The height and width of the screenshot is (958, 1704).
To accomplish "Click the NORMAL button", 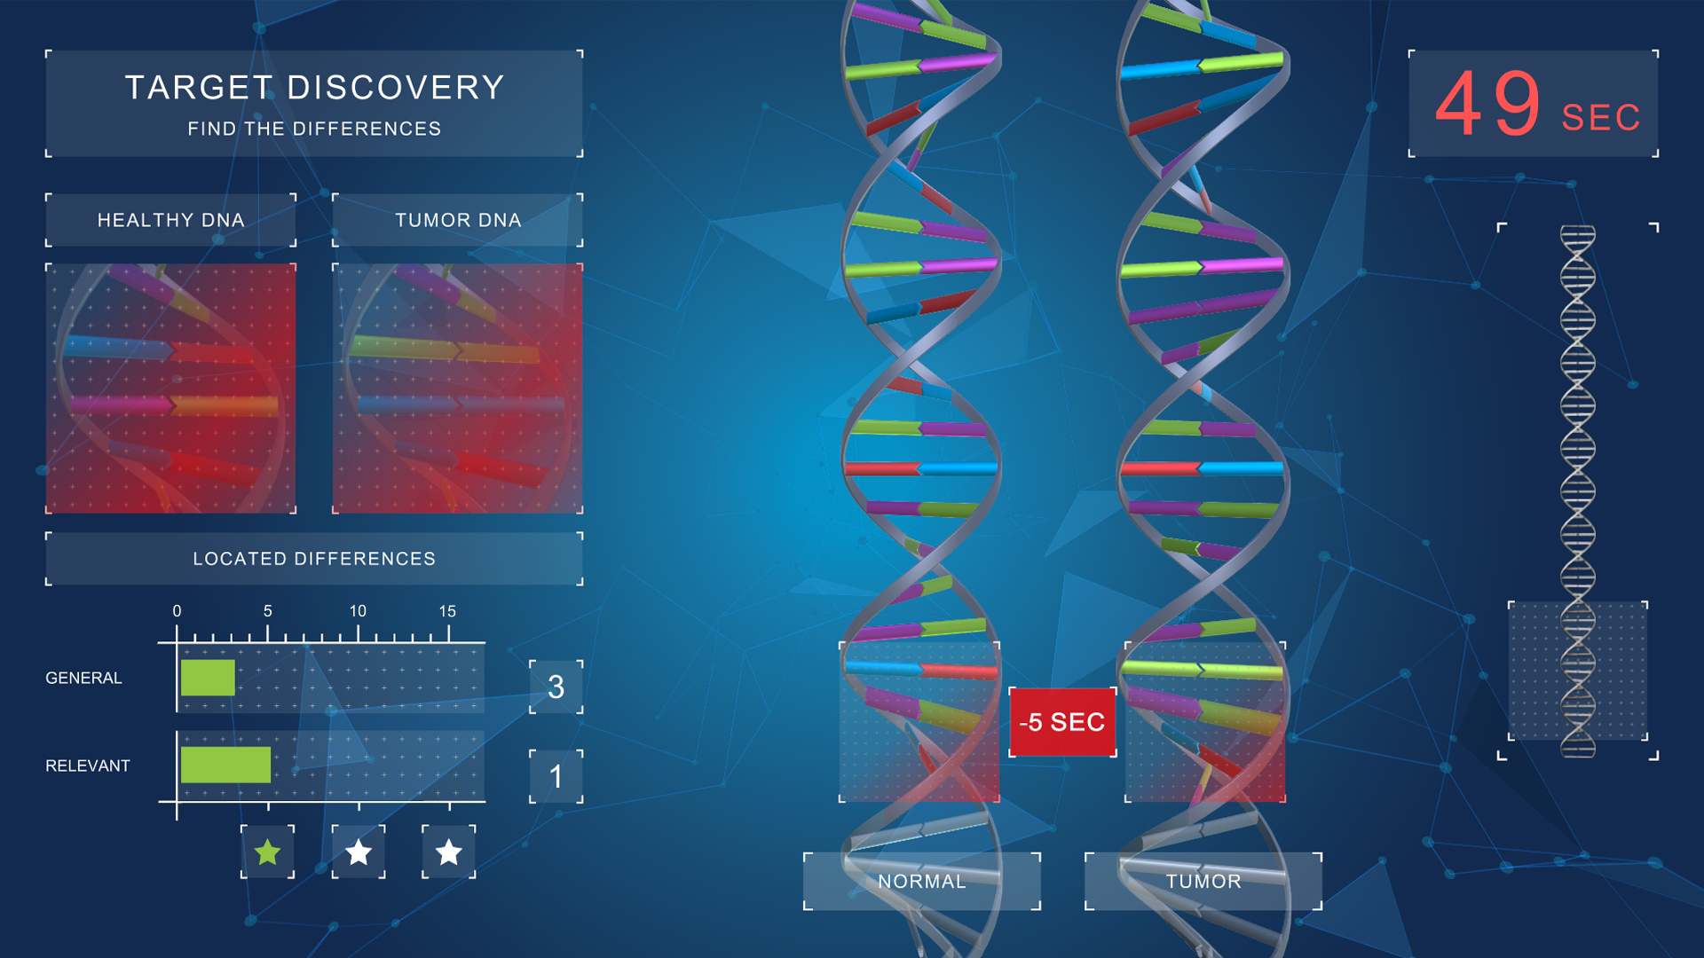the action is (x=922, y=881).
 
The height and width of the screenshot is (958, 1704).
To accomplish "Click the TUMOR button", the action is (x=1203, y=881).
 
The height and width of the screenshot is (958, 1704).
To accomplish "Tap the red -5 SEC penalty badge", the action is (x=1062, y=722).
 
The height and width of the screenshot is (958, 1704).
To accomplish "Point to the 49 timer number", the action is (x=1488, y=105).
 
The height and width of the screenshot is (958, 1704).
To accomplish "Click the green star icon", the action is (x=267, y=852).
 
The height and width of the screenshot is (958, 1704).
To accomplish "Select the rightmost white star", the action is (x=449, y=852).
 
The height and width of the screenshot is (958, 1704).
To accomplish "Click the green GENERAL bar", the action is (x=208, y=678).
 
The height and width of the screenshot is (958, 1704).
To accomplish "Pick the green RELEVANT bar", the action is (x=225, y=765).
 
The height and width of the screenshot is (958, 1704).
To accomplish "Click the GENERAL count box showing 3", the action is (x=556, y=687).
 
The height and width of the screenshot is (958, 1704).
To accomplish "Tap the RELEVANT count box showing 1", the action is (x=556, y=776).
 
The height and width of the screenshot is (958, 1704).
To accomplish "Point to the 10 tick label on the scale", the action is (x=358, y=611).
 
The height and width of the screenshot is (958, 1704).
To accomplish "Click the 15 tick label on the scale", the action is (x=447, y=611).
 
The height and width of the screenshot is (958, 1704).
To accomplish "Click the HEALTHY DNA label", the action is (x=170, y=220).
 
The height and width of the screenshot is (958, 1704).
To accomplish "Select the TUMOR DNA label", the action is (x=458, y=220).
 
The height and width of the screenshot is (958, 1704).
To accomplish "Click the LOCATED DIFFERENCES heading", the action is (x=314, y=559).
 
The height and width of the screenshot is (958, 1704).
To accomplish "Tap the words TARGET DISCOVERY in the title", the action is (x=315, y=88).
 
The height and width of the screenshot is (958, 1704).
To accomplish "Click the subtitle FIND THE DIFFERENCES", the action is (x=314, y=129).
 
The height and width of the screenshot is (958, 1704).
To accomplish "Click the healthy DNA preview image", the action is (x=170, y=389).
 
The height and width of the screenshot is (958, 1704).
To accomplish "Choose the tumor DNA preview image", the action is (x=458, y=389).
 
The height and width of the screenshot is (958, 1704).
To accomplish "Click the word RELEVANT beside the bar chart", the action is (x=88, y=766).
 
